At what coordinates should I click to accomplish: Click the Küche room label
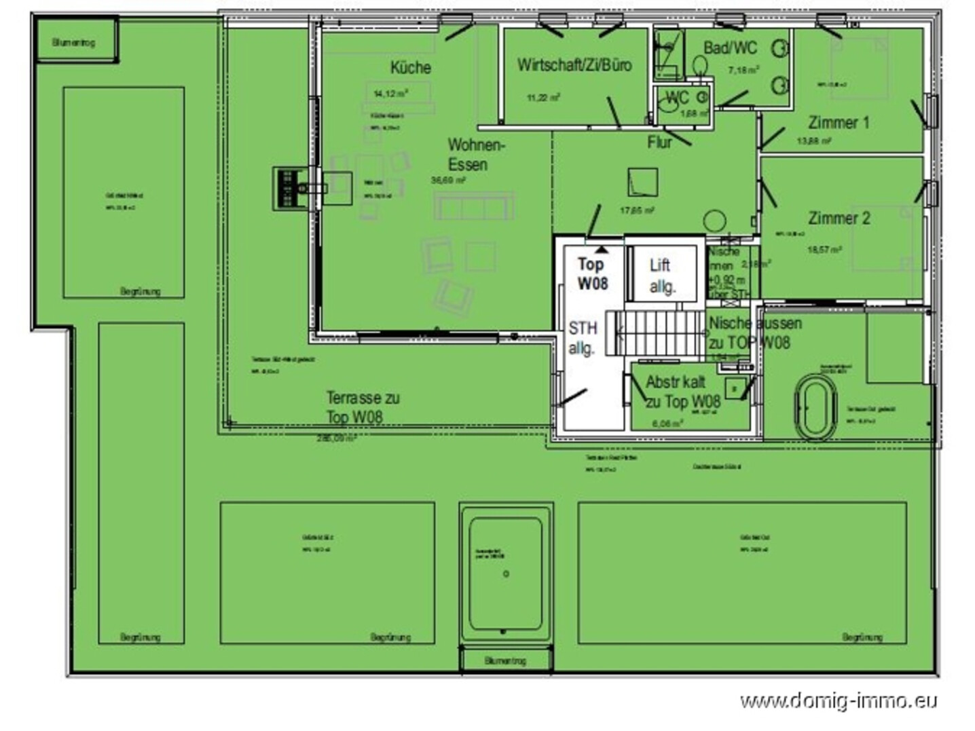tap(410, 67)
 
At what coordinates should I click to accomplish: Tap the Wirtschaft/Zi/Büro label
tap(574, 65)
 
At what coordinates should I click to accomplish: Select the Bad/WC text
tap(730, 48)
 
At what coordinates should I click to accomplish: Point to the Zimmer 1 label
tap(839, 123)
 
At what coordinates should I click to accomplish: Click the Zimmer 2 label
tap(839, 219)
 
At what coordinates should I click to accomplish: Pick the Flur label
tap(659, 143)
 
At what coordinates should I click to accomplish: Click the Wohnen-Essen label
tap(475, 155)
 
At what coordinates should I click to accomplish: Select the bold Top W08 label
tap(592, 274)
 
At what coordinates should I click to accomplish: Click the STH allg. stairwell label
tap(582, 338)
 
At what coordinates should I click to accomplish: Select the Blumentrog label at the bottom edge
tap(505, 660)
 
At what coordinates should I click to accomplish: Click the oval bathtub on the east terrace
tap(815, 407)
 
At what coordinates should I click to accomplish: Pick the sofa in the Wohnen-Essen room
tap(474, 206)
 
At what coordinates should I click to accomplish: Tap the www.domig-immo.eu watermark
tap(839, 700)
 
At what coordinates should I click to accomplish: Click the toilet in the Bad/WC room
tap(700, 66)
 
